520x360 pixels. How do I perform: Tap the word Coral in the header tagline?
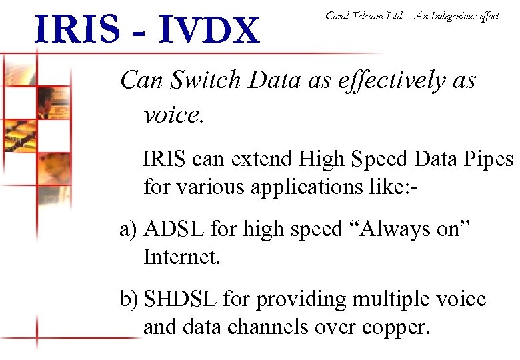click(x=338, y=16)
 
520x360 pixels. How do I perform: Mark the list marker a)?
click(x=128, y=230)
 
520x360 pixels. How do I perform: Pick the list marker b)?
click(x=129, y=300)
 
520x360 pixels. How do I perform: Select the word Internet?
click(x=181, y=257)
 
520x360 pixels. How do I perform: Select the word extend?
click(x=259, y=159)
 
